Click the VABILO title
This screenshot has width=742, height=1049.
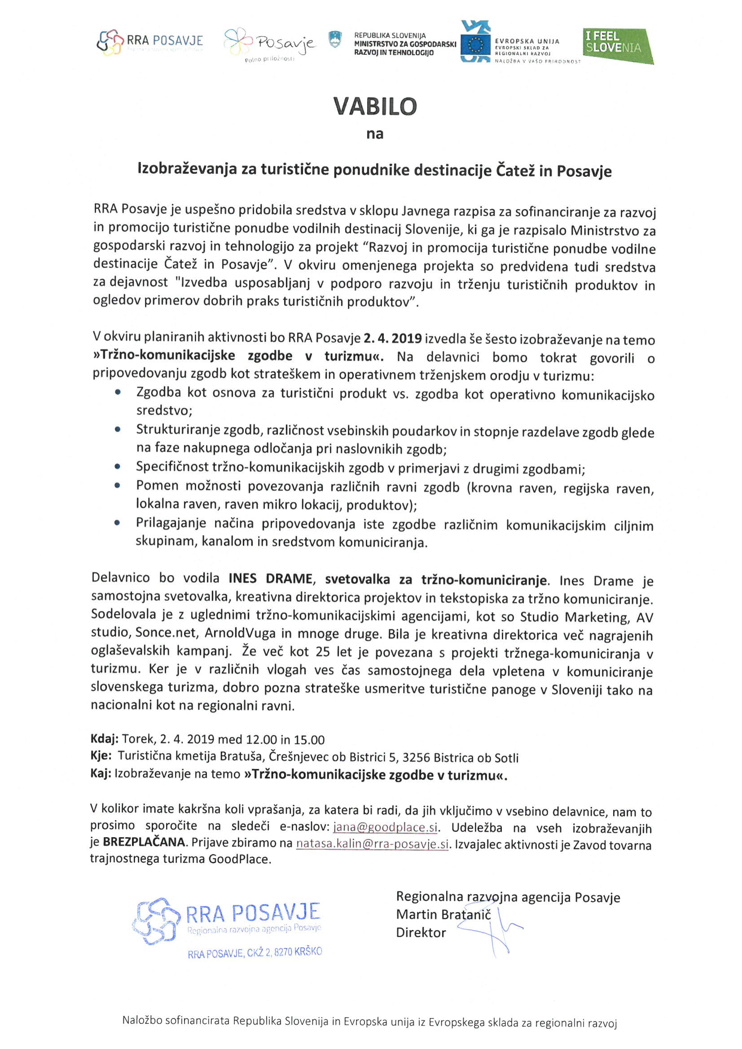pyautogui.click(x=375, y=106)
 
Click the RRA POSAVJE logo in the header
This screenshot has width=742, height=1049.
pyautogui.click(x=150, y=42)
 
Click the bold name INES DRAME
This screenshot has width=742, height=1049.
pyautogui.click(x=271, y=579)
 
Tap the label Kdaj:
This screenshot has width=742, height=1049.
pyautogui.click(x=105, y=739)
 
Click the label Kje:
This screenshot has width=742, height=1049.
pyautogui.click(x=101, y=756)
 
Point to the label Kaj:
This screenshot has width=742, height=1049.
pyautogui.click(x=101, y=773)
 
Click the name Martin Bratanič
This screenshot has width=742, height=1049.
pyautogui.click(x=443, y=914)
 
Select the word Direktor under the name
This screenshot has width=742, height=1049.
pyautogui.click(x=421, y=932)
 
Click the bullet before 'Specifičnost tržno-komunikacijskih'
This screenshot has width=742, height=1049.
pyautogui.click(x=118, y=467)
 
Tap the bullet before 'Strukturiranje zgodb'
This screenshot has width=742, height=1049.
pyautogui.click(x=118, y=430)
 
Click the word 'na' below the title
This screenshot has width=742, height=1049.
pyautogui.click(x=375, y=134)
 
